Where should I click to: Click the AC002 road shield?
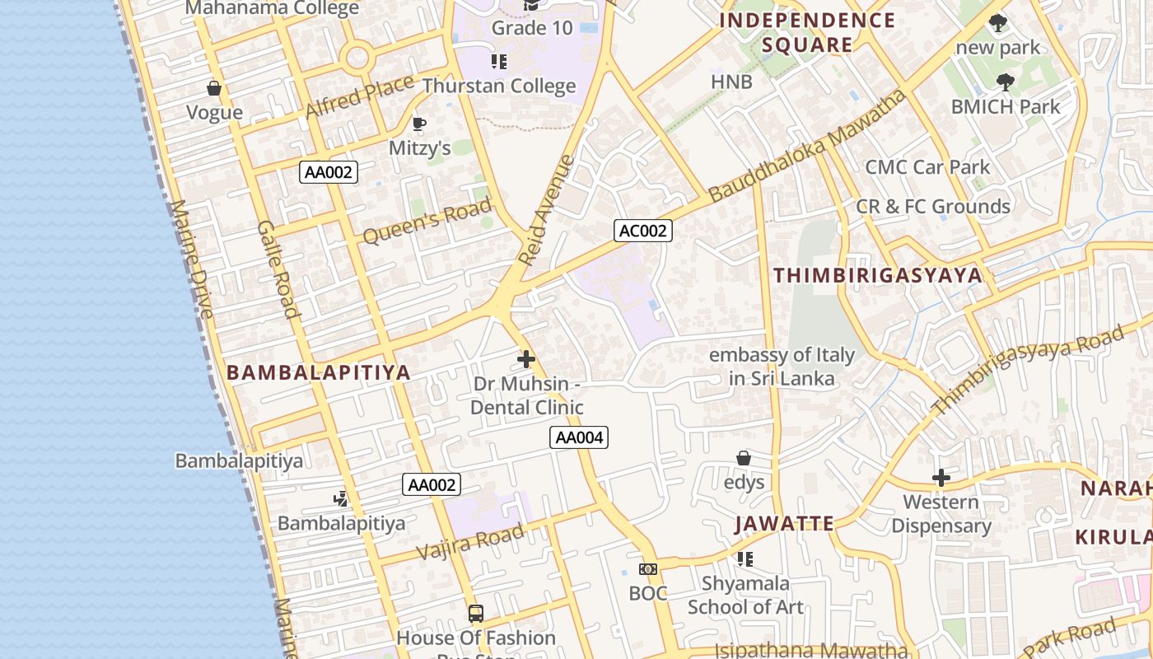(643, 231)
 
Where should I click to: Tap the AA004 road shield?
(579, 437)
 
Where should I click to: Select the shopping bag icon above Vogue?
(214, 88)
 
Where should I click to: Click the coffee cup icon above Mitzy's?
(419, 124)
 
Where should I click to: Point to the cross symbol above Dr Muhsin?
(526, 359)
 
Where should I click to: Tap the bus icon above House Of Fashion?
(476, 613)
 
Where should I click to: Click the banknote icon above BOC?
(648, 569)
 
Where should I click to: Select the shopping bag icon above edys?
(744, 458)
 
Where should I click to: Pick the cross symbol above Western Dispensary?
(941, 478)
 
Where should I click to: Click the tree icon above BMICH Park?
(1005, 82)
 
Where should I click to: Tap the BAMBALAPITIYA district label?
(319, 372)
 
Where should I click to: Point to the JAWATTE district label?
(785, 523)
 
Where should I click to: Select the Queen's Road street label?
(427, 221)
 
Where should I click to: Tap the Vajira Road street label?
(470, 541)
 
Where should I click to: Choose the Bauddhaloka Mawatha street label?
(808, 146)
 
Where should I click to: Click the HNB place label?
(732, 82)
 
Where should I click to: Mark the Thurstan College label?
(499, 86)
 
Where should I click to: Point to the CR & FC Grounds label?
(933, 206)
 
